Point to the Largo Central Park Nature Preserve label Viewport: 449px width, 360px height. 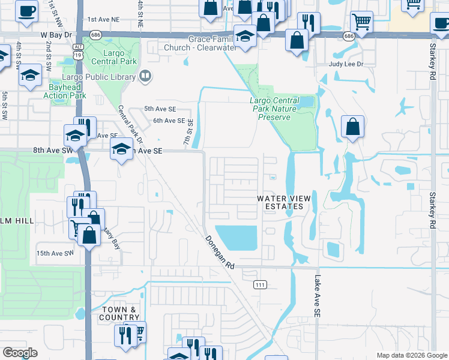(x=274, y=109)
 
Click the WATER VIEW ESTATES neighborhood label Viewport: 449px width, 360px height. (x=280, y=202)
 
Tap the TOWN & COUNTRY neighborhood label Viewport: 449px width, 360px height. (x=120, y=313)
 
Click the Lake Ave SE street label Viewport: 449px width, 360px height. (x=317, y=296)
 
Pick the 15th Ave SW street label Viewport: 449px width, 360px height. (x=55, y=253)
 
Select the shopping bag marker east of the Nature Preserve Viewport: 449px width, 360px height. (x=352, y=127)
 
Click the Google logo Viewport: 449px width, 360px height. (x=20, y=353)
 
